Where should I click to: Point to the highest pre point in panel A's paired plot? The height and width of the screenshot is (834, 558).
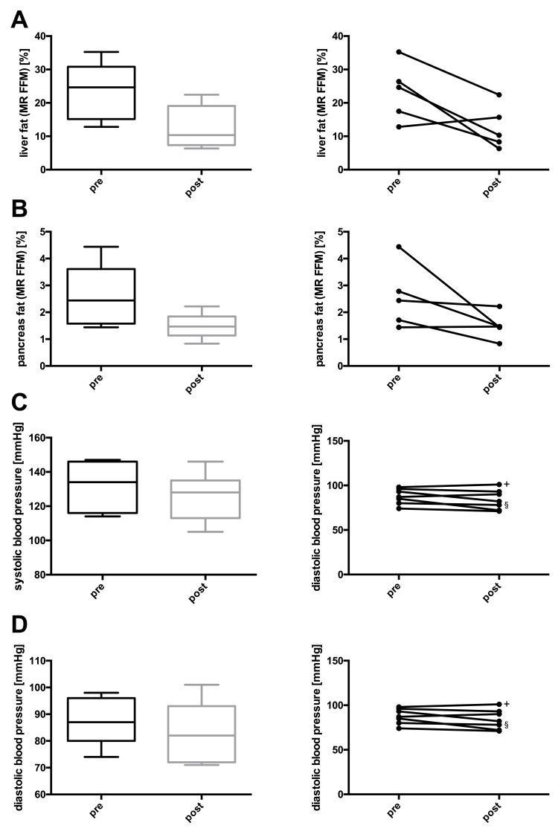point(399,52)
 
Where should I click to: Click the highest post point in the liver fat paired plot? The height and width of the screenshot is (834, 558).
point(498,94)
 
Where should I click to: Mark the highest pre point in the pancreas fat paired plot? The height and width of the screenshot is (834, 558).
point(399,247)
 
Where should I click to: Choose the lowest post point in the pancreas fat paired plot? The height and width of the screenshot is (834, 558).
point(498,343)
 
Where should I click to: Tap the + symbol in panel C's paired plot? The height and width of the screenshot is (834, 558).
point(507,484)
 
